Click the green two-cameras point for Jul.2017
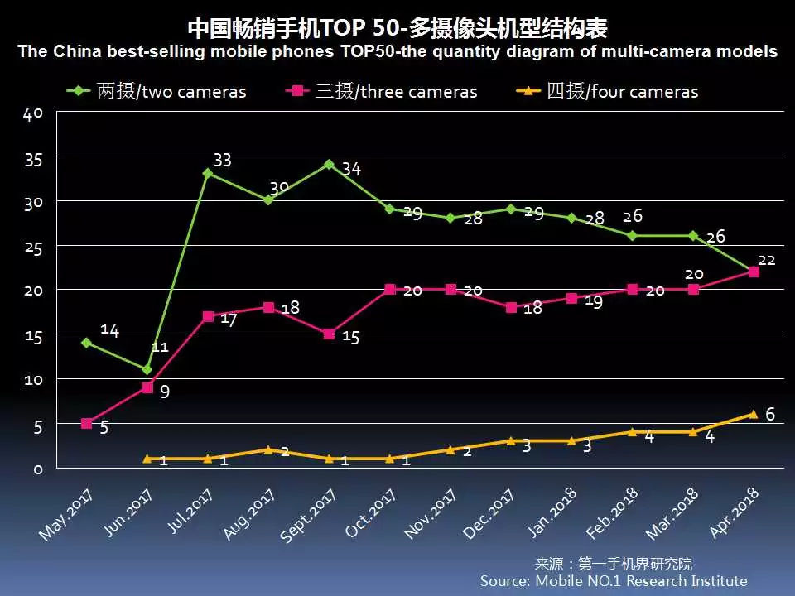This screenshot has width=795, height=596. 208,173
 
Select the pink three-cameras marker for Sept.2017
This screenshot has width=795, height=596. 329,334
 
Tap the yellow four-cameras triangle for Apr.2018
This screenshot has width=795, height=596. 753,414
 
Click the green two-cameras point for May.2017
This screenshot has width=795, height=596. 86,342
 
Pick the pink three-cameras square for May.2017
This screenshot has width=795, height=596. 86,423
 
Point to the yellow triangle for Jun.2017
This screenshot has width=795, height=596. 147,458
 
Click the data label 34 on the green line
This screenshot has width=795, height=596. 351,170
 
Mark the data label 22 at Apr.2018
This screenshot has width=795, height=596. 766,260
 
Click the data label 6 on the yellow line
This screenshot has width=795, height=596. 770,414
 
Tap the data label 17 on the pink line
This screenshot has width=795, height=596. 229,320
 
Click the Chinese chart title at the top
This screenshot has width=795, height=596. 397,29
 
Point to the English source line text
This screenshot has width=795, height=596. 614,581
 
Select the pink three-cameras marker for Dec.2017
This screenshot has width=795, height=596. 511,307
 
